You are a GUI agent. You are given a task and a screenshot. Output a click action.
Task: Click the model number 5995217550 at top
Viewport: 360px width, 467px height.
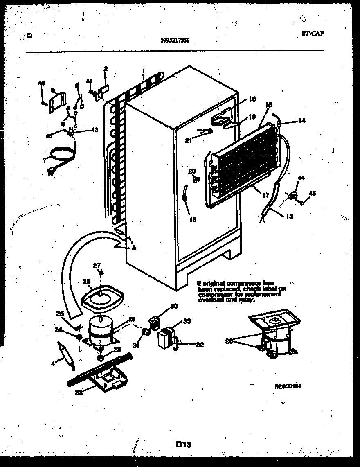pos(175,40)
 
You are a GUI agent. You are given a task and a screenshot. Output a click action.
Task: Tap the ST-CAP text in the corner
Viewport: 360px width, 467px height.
pos(313,34)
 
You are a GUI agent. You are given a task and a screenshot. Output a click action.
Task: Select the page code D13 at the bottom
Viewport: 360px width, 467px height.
pos(184,444)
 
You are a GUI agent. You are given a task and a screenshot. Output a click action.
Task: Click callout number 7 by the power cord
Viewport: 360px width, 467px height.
pos(45,160)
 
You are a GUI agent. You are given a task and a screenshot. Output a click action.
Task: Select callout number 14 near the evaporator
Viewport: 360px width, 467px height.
pos(302,121)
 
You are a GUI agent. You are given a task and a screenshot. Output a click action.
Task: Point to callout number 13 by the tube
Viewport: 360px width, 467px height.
pos(289,217)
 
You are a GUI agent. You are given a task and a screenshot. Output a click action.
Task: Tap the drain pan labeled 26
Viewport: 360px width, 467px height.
pos(101,297)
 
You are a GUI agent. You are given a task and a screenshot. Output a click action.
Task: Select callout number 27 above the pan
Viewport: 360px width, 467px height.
pos(96,266)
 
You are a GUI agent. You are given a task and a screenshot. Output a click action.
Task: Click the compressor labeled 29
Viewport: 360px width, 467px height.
pos(100,329)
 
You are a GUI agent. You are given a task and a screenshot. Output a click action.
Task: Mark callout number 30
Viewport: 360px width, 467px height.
pos(174,306)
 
